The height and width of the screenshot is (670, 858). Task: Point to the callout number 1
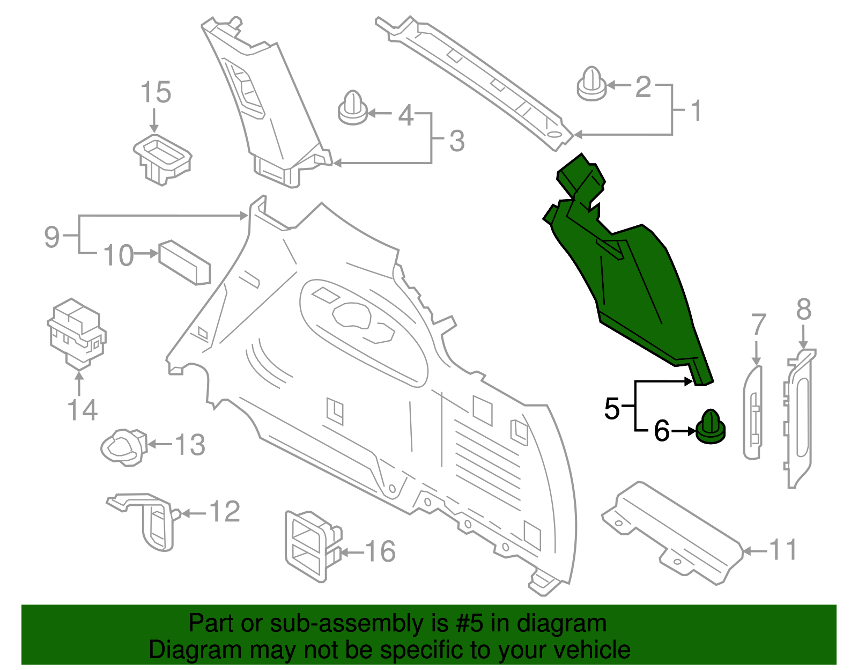(x=696, y=111)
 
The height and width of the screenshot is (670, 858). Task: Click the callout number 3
(x=456, y=141)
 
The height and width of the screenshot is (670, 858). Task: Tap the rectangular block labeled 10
(x=184, y=262)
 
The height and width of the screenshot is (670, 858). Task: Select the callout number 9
(x=51, y=236)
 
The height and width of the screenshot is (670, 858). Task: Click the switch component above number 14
(x=77, y=333)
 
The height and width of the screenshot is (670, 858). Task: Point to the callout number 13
(x=190, y=445)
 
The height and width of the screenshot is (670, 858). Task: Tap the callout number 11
(x=783, y=550)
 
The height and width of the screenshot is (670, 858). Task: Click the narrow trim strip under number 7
(x=752, y=412)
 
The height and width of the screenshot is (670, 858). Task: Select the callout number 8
(x=803, y=310)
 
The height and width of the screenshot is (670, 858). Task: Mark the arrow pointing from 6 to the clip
(x=684, y=431)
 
